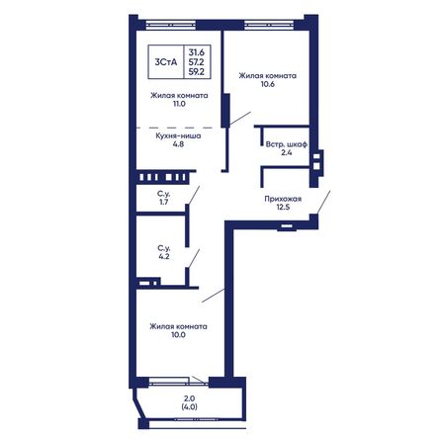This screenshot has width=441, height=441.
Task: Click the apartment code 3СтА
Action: point(166,62)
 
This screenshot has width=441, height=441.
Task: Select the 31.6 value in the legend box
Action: point(197,52)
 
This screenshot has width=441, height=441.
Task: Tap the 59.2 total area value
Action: point(197,71)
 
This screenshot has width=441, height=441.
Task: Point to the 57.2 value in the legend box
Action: point(197,61)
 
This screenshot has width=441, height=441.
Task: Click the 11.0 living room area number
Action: point(179,104)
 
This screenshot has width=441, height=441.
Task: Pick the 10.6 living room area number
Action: point(268,84)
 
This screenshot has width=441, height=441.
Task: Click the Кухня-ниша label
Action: point(178,135)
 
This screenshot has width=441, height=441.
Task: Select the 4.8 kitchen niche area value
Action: point(178,144)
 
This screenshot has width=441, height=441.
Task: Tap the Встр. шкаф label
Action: point(287,144)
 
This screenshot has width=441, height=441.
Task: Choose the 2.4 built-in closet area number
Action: point(287,152)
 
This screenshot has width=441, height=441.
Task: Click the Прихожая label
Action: point(283,199)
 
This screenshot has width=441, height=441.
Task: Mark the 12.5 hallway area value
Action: point(283,208)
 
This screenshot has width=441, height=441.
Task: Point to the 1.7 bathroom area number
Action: point(163,202)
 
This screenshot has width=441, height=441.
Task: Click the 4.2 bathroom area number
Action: point(164,256)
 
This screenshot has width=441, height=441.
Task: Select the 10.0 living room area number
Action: point(178,335)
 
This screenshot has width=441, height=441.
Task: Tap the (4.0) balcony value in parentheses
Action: point(190,406)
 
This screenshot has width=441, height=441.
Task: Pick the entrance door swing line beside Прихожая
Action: point(323,202)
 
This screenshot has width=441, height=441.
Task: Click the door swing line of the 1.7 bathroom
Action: point(194,195)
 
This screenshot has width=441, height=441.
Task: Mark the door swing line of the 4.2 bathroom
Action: point(194,258)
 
